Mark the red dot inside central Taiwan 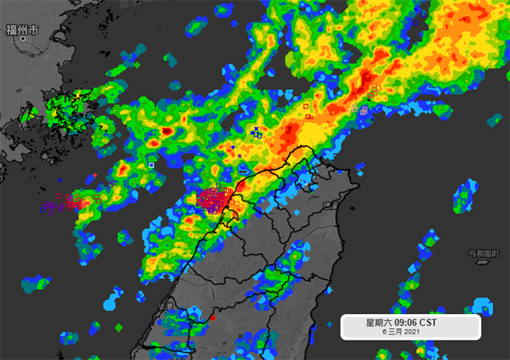coord(212,318)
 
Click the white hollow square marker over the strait coord(152,165)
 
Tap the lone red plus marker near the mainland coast coord(95,176)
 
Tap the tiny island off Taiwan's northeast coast coord(359,165)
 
